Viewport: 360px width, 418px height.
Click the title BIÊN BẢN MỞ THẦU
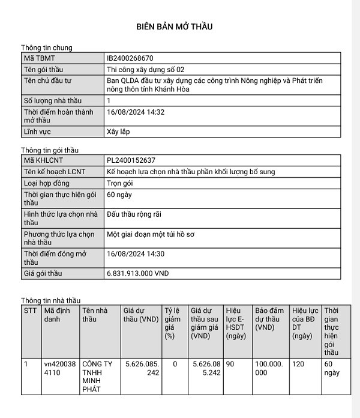coord(175,26)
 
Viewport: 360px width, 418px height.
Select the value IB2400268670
coord(130,58)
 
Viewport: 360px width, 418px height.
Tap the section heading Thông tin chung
coord(47,47)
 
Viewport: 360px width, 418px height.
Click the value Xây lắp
coord(118,132)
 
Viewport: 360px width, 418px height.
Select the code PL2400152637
coord(131,160)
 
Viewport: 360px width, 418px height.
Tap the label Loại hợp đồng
coord(46,183)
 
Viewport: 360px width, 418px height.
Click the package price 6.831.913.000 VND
coord(137,273)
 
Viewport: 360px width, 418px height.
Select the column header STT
coord(30,310)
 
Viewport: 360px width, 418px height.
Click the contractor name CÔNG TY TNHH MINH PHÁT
coord(97,376)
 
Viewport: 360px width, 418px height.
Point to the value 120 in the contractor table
coord(298,364)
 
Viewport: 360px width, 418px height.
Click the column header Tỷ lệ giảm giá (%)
coord(174,323)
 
